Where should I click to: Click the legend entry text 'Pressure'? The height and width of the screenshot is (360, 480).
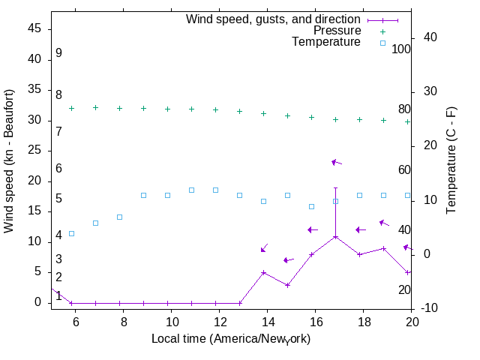point(337,31)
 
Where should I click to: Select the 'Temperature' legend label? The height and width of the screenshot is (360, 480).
point(326,42)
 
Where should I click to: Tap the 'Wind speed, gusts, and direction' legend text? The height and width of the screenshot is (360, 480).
point(274,19)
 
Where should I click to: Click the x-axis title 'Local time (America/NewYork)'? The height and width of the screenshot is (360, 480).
point(231,339)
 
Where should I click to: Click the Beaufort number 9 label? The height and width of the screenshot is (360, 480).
point(58,53)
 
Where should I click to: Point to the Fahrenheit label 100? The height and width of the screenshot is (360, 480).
point(401,49)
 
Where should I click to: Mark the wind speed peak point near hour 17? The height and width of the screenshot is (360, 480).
point(335,237)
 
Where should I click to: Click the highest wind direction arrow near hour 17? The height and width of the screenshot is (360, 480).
point(337,162)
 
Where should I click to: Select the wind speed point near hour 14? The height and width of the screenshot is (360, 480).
point(263,273)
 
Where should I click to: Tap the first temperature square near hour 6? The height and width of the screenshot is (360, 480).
point(71,233)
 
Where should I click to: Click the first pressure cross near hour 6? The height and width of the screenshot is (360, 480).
point(71,108)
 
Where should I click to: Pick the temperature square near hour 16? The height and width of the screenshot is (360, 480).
point(311,206)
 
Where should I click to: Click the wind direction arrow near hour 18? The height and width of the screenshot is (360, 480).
point(361,229)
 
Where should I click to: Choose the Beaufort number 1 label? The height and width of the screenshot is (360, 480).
point(58,296)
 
